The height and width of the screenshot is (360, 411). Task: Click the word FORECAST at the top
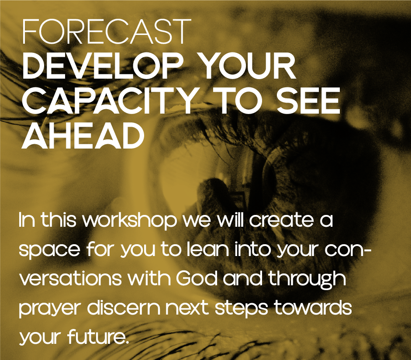(x=107, y=31)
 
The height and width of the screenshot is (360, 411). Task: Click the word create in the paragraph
(x=281, y=221)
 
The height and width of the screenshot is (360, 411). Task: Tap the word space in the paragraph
(x=49, y=250)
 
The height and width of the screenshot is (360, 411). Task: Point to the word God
(x=197, y=278)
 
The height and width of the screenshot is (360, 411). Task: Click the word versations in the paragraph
(x=71, y=278)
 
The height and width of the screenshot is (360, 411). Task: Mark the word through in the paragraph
(x=307, y=280)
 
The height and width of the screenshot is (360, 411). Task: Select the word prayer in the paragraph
(x=49, y=309)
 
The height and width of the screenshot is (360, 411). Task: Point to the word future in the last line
(x=98, y=337)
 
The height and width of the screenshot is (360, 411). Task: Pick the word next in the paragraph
(x=187, y=308)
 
